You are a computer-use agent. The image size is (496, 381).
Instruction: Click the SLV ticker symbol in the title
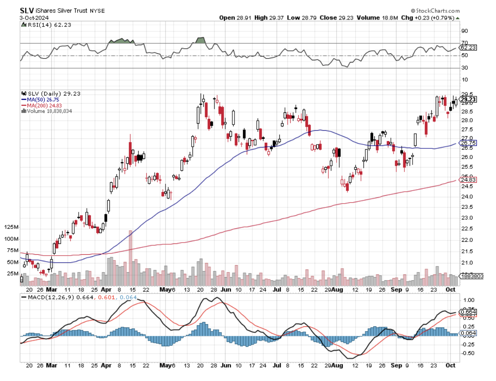point(26,10)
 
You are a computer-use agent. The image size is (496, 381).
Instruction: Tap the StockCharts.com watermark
point(435,10)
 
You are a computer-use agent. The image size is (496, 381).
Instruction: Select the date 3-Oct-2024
point(34,18)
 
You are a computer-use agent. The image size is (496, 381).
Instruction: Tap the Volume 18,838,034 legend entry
point(49,111)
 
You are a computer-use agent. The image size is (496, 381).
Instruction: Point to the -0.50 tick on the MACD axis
point(467,353)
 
